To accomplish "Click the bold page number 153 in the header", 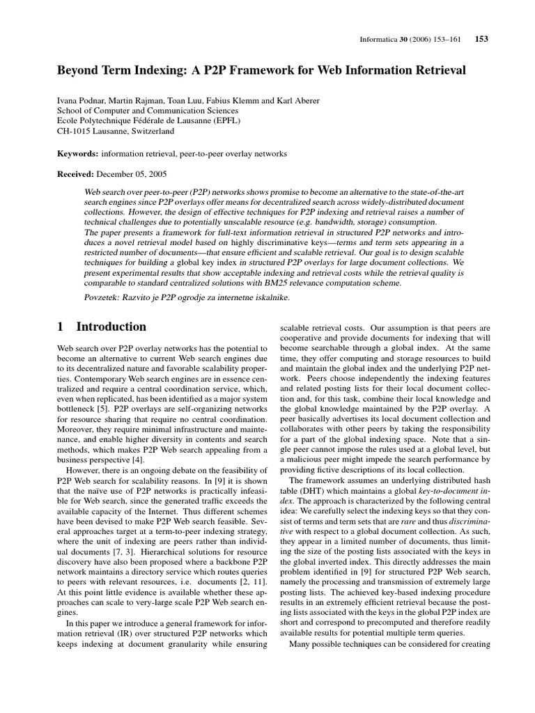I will pyautogui.click(x=481, y=39).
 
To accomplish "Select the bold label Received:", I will pyautogui.click(x=77, y=173).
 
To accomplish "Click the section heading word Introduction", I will pyautogui.click(x=111, y=327).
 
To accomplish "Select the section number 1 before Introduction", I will pyautogui.click(x=60, y=327).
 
